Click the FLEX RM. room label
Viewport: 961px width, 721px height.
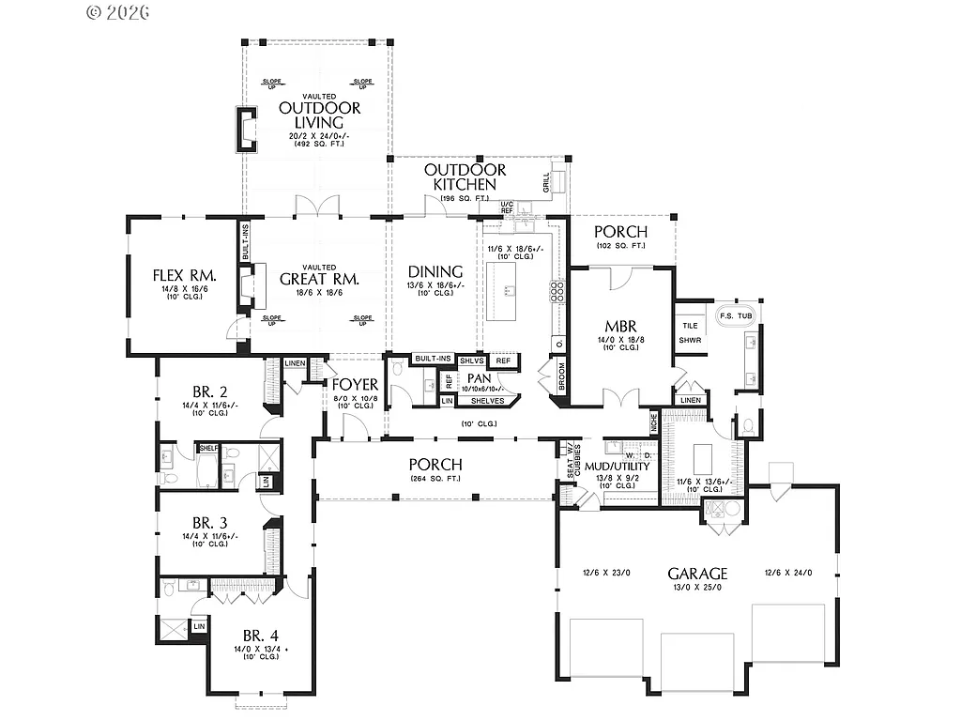coord(185,276)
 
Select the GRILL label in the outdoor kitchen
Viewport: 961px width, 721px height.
coord(546,183)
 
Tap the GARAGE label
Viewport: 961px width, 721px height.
coord(697,573)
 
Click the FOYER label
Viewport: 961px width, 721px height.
coord(354,385)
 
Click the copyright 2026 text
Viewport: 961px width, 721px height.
coord(118,12)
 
